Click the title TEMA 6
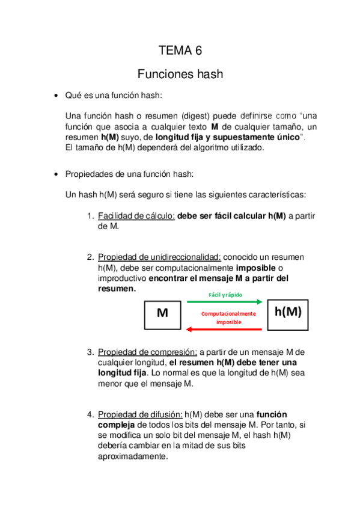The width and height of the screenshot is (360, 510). (x=180, y=51)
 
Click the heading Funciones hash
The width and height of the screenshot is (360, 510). (x=180, y=75)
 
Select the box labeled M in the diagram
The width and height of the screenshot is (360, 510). (x=162, y=314)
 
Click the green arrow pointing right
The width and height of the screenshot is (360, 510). (x=225, y=301)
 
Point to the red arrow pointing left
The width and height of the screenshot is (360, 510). (x=225, y=329)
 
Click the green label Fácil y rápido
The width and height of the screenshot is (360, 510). (x=225, y=295)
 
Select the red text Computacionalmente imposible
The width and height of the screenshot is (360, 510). (x=228, y=318)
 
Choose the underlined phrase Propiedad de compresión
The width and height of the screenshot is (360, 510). (x=147, y=352)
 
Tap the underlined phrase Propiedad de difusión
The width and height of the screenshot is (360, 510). (x=140, y=414)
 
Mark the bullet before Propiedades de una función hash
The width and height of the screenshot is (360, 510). (x=55, y=174)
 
